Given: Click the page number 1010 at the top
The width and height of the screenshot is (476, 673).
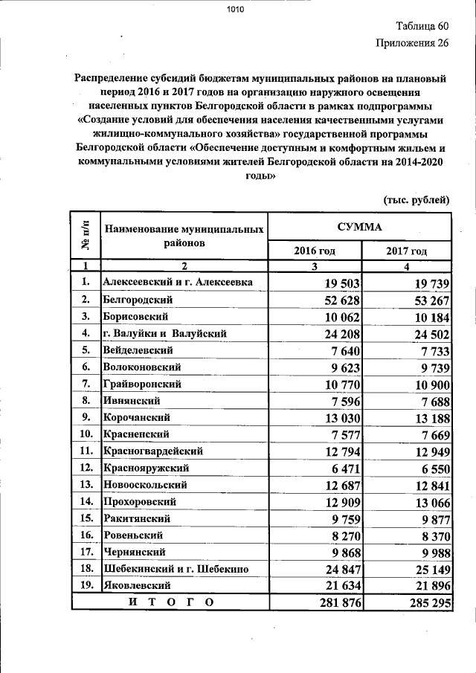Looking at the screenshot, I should coord(236,10).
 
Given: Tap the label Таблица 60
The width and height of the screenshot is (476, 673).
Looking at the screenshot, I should coord(420,25).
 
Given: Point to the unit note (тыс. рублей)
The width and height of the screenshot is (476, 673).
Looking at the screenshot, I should coord(416,199).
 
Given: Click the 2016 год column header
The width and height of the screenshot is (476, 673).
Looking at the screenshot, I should coord(315,251).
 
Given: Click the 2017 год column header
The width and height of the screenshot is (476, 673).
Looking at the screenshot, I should coord(406,251).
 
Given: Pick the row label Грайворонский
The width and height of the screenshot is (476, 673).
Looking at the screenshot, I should coord(143,384).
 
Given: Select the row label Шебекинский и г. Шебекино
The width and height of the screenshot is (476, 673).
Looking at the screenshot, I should coord(176,569).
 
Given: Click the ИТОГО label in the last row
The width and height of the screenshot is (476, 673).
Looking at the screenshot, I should coord(170,602).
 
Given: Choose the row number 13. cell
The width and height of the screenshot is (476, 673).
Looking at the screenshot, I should coord(86,485).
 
